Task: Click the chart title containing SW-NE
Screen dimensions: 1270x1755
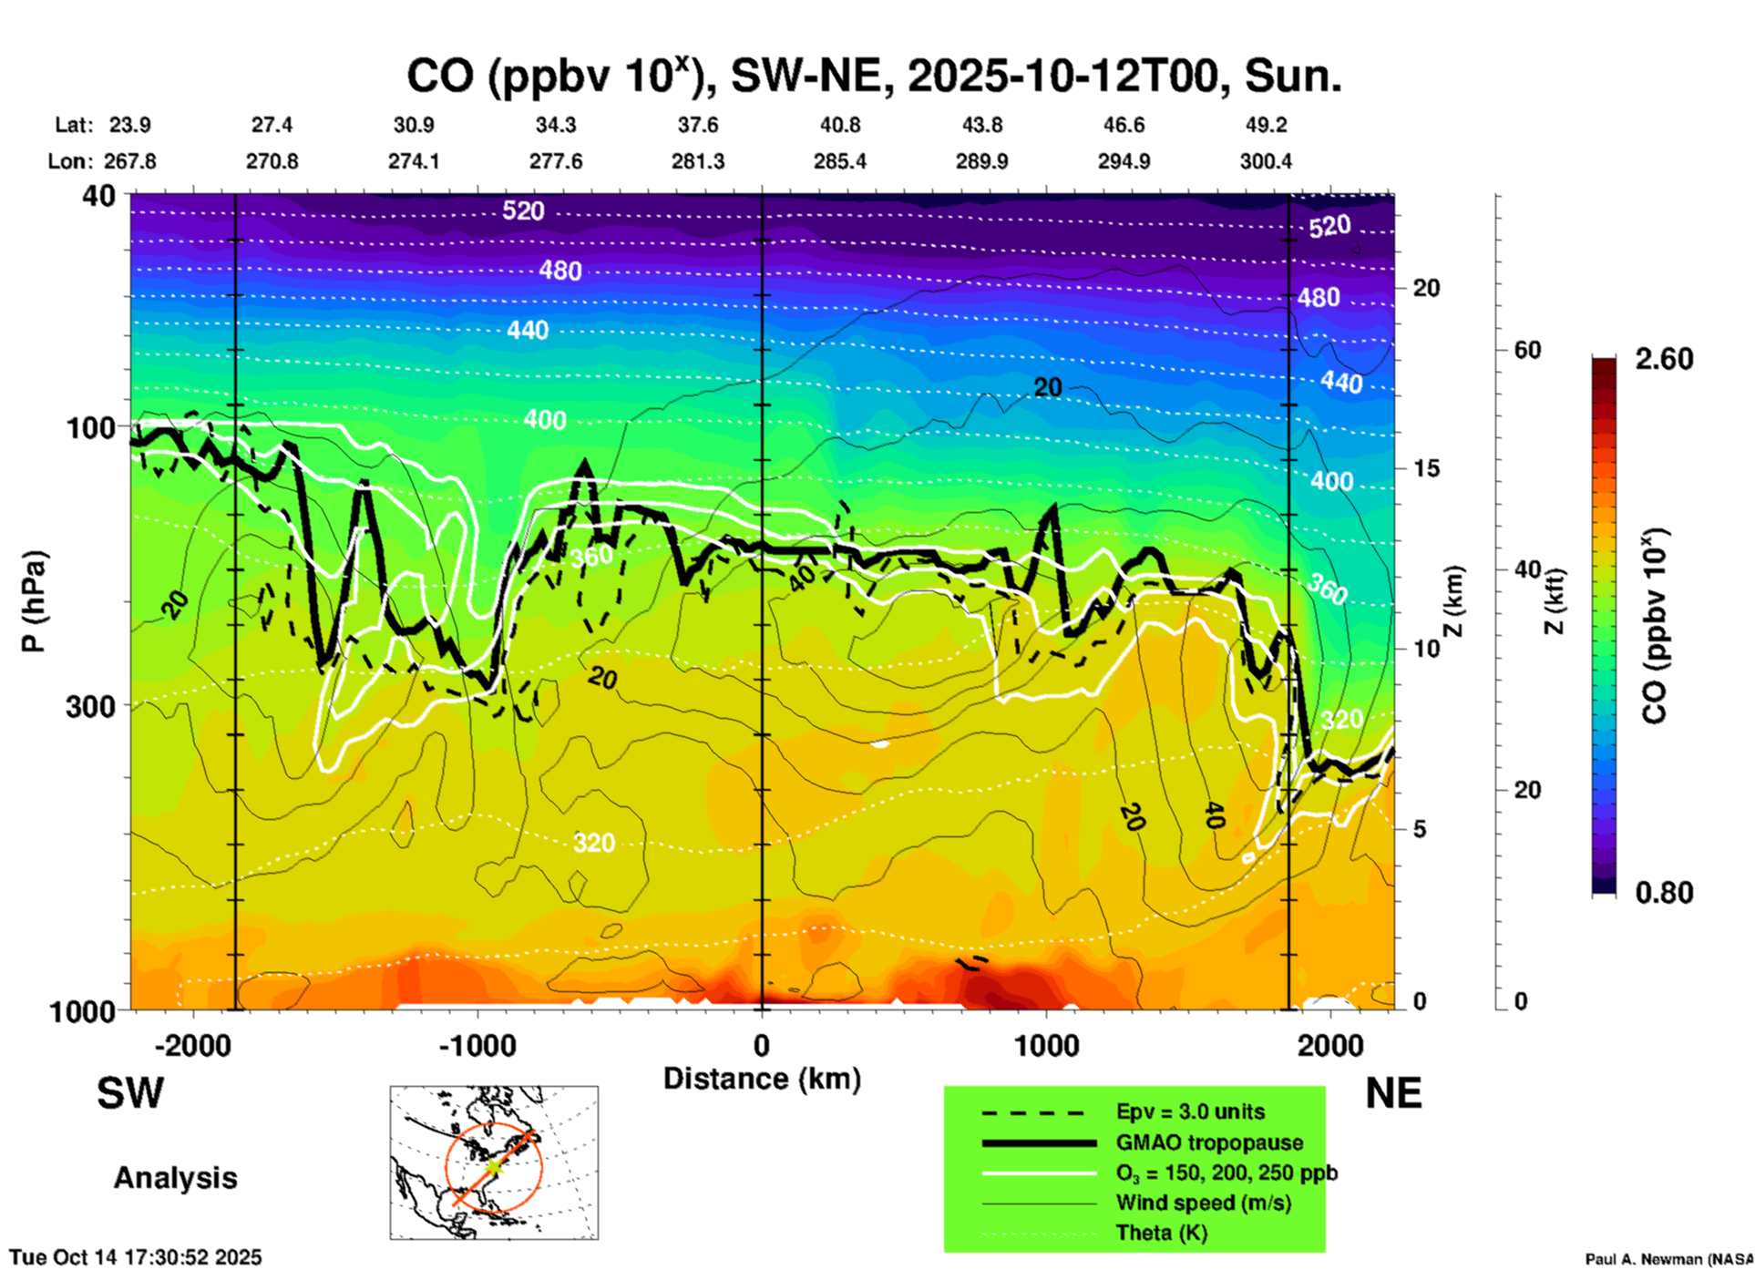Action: point(873,77)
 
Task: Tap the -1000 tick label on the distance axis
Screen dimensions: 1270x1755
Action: point(477,1046)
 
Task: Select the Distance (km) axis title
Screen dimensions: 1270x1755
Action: point(762,1079)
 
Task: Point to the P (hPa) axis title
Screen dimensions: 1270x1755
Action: point(33,601)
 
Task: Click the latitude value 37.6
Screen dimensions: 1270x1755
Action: point(697,125)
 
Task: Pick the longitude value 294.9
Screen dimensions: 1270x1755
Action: point(1124,161)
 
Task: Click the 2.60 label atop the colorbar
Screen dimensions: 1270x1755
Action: point(1664,359)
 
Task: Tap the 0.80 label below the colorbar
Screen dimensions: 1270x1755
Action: point(1664,893)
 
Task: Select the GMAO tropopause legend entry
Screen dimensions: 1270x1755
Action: point(1209,1142)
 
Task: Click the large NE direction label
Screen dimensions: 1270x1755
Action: point(1393,1093)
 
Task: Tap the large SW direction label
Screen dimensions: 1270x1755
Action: point(130,1093)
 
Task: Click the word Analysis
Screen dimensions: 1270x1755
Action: point(175,1178)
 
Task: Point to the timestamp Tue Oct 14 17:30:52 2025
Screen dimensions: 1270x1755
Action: point(136,1257)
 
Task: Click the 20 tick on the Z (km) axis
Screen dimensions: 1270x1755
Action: point(1426,288)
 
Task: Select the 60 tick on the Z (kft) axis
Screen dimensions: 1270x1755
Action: point(1528,350)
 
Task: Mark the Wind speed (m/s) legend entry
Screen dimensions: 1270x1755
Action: point(1203,1203)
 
